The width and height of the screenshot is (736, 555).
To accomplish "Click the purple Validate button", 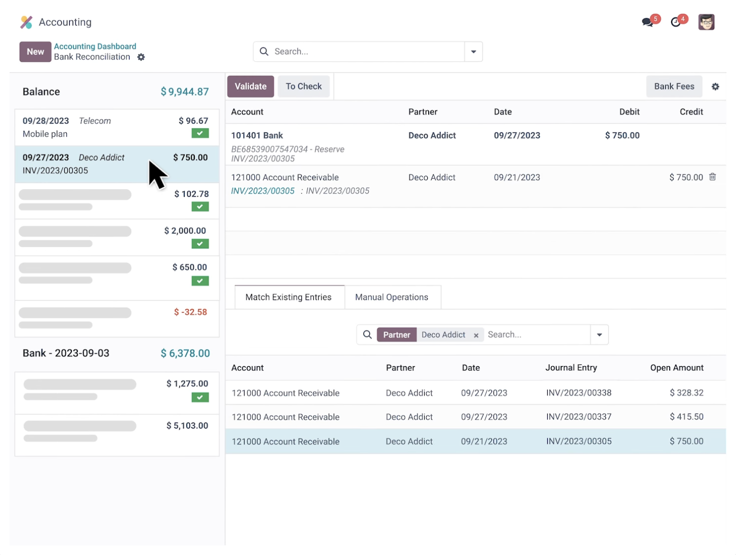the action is (250, 86).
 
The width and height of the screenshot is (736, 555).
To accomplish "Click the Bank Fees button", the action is (674, 86).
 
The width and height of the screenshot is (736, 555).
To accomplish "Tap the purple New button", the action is (35, 52).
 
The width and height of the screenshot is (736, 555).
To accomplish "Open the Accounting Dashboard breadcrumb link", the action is (95, 46).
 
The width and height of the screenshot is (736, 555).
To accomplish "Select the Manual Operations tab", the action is (391, 297).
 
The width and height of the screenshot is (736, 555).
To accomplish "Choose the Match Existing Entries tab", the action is (288, 297).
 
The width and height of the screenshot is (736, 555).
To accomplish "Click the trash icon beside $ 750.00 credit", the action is (712, 177).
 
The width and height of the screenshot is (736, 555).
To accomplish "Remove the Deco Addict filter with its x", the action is (476, 335).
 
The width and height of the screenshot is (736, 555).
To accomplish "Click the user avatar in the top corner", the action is (706, 22).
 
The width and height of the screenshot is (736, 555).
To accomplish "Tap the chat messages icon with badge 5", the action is (648, 22).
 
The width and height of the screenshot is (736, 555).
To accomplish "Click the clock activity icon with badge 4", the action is (676, 22).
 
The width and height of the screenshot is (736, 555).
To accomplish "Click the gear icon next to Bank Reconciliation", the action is (141, 57).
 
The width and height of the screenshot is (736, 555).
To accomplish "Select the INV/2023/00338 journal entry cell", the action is (579, 393).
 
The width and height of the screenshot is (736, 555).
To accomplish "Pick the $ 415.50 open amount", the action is (686, 417).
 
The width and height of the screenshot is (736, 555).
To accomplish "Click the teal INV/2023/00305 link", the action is (263, 191).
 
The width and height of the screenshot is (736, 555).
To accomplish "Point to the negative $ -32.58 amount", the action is (190, 312).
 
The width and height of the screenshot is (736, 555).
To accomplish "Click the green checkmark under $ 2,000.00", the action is (200, 244).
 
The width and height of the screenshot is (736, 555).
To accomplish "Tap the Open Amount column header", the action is (677, 368).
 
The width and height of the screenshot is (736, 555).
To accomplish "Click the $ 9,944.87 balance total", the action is (185, 91).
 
